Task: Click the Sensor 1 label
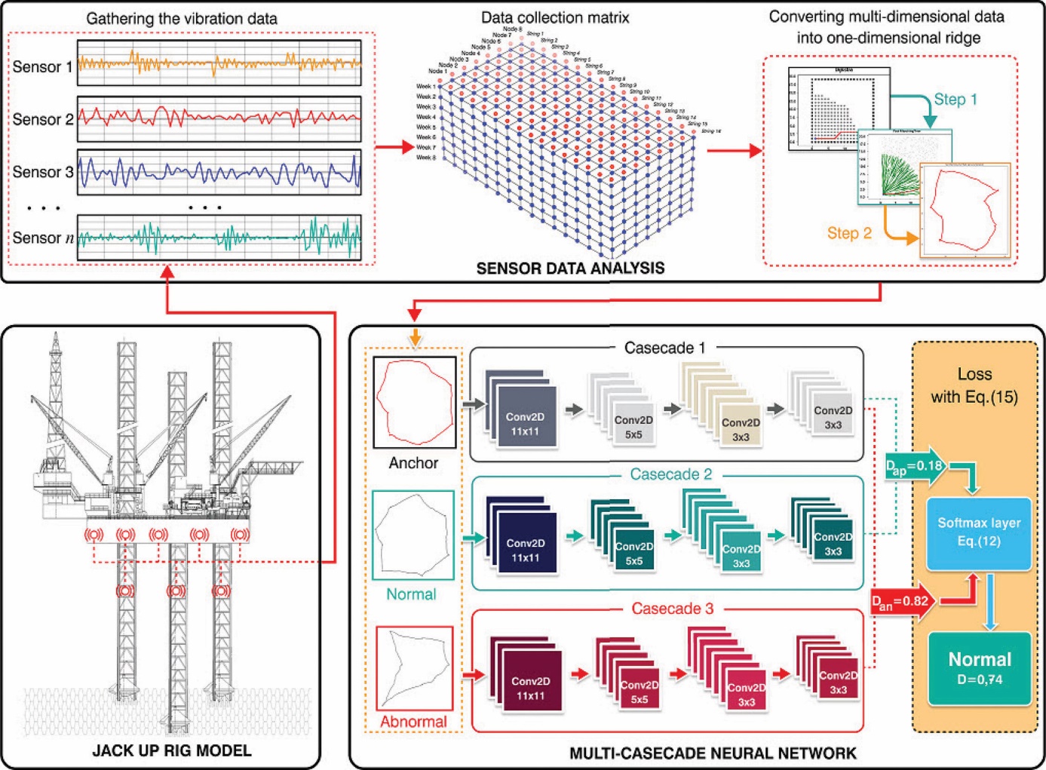coord(42,67)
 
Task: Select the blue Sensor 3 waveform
coord(219,172)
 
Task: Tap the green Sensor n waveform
coord(219,238)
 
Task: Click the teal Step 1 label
coord(955,100)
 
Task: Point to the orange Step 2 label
coord(849,234)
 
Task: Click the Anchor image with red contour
coord(414,403)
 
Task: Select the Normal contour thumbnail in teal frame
coord(413,535)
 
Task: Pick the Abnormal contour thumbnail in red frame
coord(414,667)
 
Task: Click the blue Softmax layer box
coord(978,532)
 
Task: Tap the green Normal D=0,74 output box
coord(979,667)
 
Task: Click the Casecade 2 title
coord(670,474)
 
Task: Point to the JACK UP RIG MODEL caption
coord(171,750)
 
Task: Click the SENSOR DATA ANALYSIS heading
coord(570,268)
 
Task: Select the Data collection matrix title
coord(554,17)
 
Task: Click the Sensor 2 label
coord(42,120)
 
